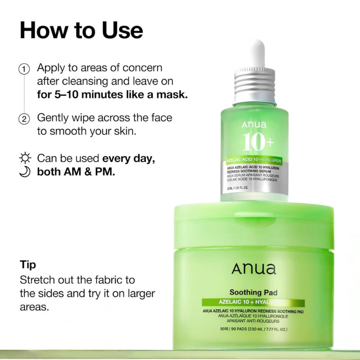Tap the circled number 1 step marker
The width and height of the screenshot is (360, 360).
click(x=24, y=69)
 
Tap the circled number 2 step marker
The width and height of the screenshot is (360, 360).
click(x=24, y=119)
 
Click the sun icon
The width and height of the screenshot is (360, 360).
click(x=25, y=158)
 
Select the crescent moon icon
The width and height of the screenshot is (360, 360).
click(x=25, y=172)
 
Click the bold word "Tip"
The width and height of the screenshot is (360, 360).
click(x=28, y=264)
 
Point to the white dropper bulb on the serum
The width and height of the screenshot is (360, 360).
click(x=257, y=49)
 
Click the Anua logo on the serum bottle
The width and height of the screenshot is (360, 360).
click(x=254, y=125)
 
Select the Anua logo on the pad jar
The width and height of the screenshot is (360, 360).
click(x=254, y=269)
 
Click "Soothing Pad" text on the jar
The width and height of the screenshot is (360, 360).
click(x=254, y=293)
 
